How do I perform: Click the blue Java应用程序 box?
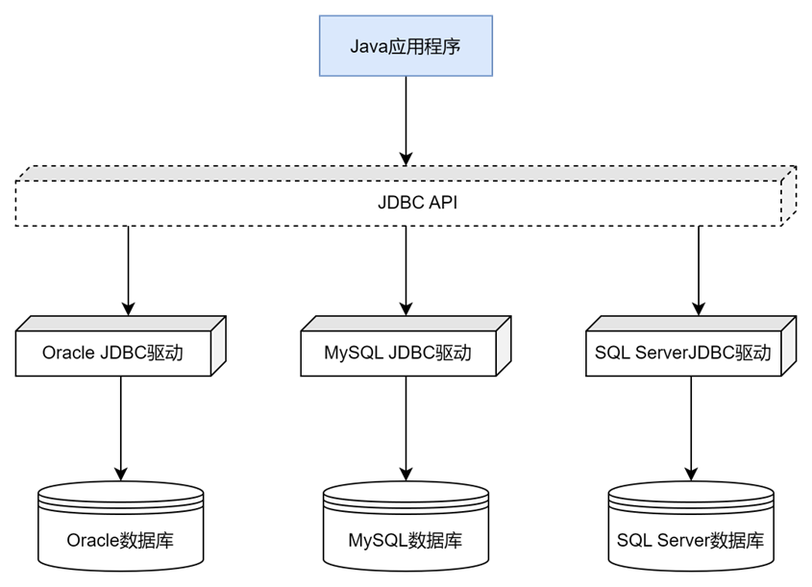[x=406, y=45]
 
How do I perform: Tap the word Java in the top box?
[x=368, y=46]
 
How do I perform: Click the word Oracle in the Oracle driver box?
[x=68, y=353]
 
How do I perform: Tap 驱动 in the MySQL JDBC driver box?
[x=454, y=353]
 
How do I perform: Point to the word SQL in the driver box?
[x=611, y=353]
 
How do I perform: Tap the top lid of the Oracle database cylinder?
[x=120, y=496]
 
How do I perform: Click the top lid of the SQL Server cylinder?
[x=690, y=496]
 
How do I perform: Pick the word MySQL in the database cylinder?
[x=377, y=541]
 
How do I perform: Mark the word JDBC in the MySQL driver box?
[x=411, y=353]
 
